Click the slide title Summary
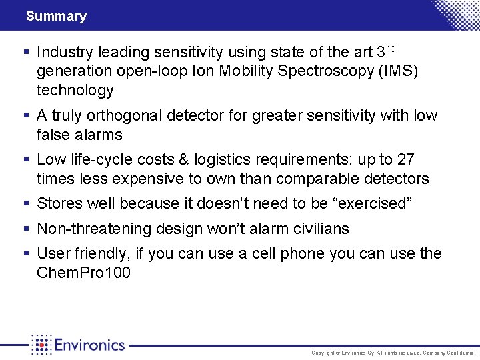(56, 16)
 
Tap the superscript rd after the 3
(392, 48)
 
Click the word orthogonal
(123, 116)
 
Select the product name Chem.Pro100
(84, 273)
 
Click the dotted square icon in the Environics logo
(41, 345)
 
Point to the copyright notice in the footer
(393, 353)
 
